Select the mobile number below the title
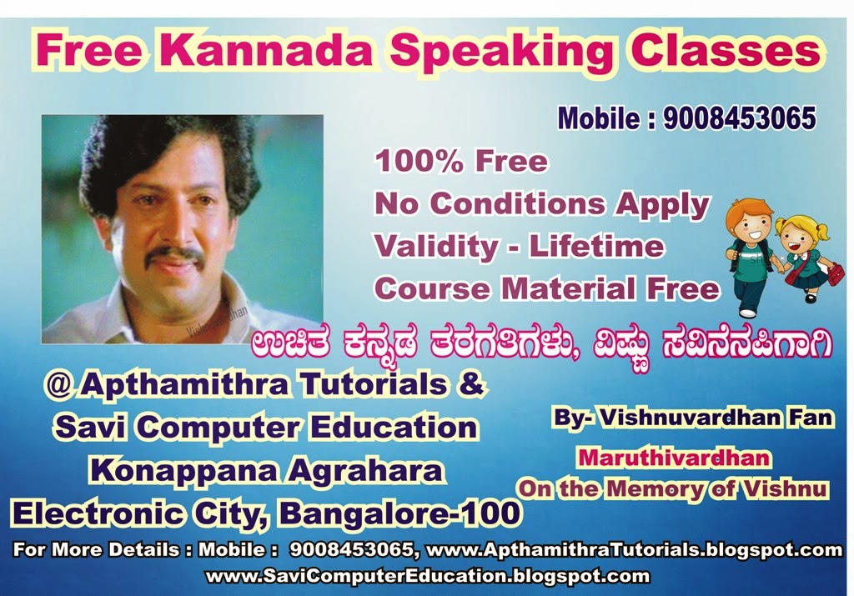[739, 119]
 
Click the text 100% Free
[461, 161]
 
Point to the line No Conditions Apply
[542, 203]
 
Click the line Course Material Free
[546, 288]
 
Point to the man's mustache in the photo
[174, 256]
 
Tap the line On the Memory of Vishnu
[672, 488]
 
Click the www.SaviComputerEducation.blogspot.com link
[427, 576]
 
